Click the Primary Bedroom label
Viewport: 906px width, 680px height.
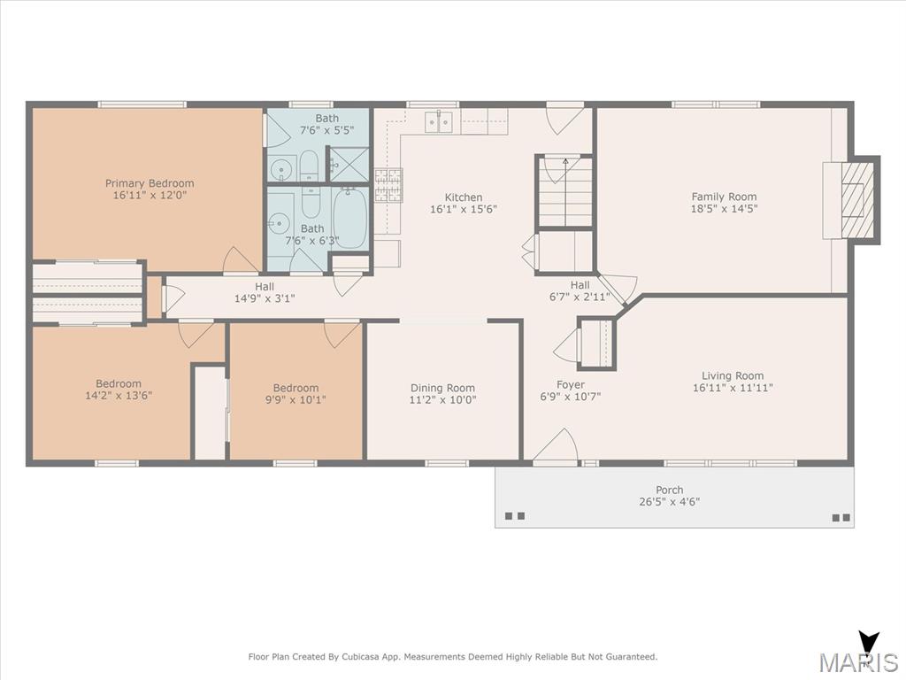(x=150, y=189)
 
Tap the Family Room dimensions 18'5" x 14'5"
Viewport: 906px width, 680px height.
(x=724, y=209)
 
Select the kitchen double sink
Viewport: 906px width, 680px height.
(x=439, y=122)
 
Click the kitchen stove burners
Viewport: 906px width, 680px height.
(x=388, y=185)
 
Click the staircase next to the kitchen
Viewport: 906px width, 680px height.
(x=565, y=191)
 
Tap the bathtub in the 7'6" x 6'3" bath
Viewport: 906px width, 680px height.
(x=350, y=218)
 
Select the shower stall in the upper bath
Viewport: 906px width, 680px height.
(x=349, y=164)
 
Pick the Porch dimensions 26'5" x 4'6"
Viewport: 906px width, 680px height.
(x=669, y=501)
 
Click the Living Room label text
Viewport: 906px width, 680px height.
(x=733, y=375)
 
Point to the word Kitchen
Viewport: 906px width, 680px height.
(x=464, y=197)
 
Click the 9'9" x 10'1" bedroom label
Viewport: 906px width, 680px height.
(x=296, y=394)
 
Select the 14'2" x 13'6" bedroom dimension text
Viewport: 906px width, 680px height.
(x=119, y=396)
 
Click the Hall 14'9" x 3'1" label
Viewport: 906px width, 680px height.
(x=265, y=292)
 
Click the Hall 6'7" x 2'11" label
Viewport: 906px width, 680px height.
(x=580, y=290)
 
